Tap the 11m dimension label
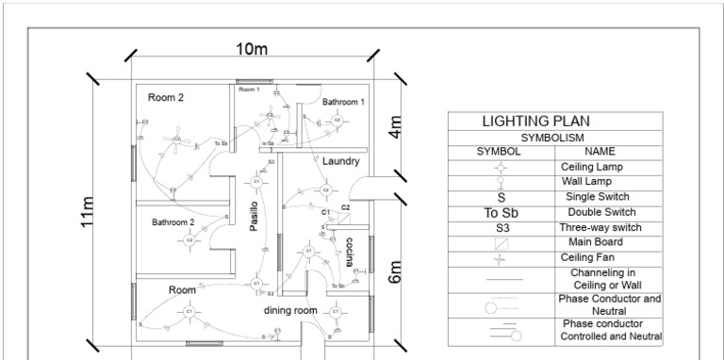(88, 211)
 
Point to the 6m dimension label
(396, 271)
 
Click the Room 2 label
(166, 97)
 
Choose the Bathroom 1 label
(343, 101)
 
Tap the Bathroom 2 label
(173, 222)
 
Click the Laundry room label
(340, 161)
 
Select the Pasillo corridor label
(254, 218)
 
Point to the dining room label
(289, 310)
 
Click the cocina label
(350, 254)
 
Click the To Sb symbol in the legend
(501, 212)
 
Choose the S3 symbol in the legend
(501, 227)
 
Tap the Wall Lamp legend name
(586, 181)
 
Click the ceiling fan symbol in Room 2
(176, 140)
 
